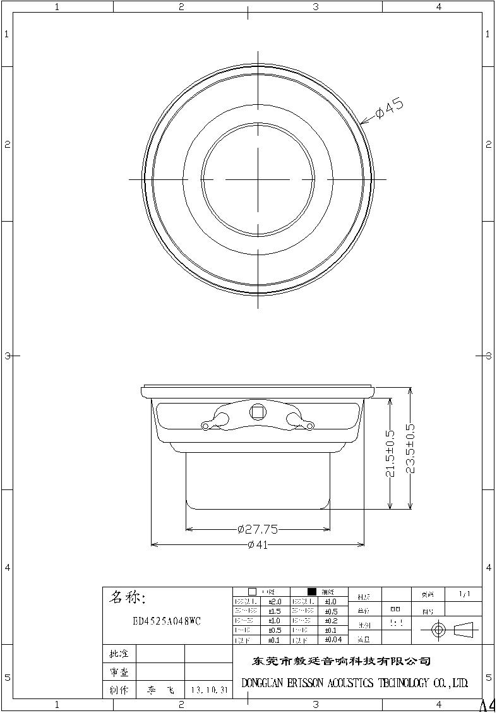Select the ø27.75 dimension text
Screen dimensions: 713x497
coord(258,529)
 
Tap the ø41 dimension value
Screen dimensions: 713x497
coord(258,544)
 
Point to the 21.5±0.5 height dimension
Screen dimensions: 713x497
coord(390,453)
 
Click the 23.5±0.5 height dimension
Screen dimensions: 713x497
coord(410,448)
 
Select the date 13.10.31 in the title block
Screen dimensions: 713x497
coord(208,691)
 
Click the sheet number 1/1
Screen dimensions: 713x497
coord(464,594)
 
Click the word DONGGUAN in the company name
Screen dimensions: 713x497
coord(263,683)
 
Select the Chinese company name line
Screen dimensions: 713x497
coord(342,661)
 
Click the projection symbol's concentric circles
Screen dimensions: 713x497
coord(440,630)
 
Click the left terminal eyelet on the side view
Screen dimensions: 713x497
coord(205,426)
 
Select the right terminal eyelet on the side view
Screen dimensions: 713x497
coord(309,426)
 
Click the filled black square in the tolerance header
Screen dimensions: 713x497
coord(311,592)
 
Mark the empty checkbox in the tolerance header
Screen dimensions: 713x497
coord(252,592)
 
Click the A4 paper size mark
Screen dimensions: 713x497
coord(488,705)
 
